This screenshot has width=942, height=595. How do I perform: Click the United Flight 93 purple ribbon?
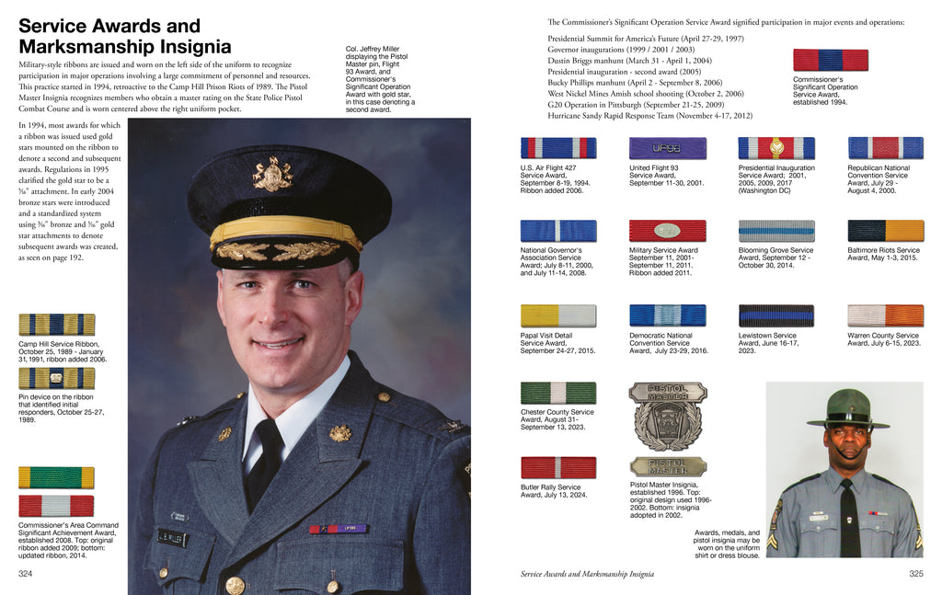[667, 148]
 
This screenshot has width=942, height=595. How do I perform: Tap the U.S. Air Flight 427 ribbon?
[558, 148]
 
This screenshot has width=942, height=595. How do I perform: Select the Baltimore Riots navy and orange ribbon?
[885, 231]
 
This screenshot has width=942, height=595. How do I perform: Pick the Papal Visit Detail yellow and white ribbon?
[558, 315]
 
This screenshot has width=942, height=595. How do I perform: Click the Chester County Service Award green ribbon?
[558, 393]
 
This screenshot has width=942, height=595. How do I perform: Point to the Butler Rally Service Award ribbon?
[558, 467]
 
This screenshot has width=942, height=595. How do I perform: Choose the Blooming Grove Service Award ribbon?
[776, 231]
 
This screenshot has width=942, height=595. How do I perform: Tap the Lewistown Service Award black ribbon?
[776, 315]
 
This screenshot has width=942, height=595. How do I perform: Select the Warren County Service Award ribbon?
[885, 315]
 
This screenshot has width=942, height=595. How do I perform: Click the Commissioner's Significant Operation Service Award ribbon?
[831, 61]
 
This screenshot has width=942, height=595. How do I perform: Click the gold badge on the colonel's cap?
[273, 175]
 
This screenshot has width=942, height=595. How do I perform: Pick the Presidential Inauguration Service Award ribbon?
[776, 148]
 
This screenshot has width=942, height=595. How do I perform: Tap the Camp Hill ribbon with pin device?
[56, 378]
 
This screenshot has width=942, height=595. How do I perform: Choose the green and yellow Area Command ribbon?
[56, 477]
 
